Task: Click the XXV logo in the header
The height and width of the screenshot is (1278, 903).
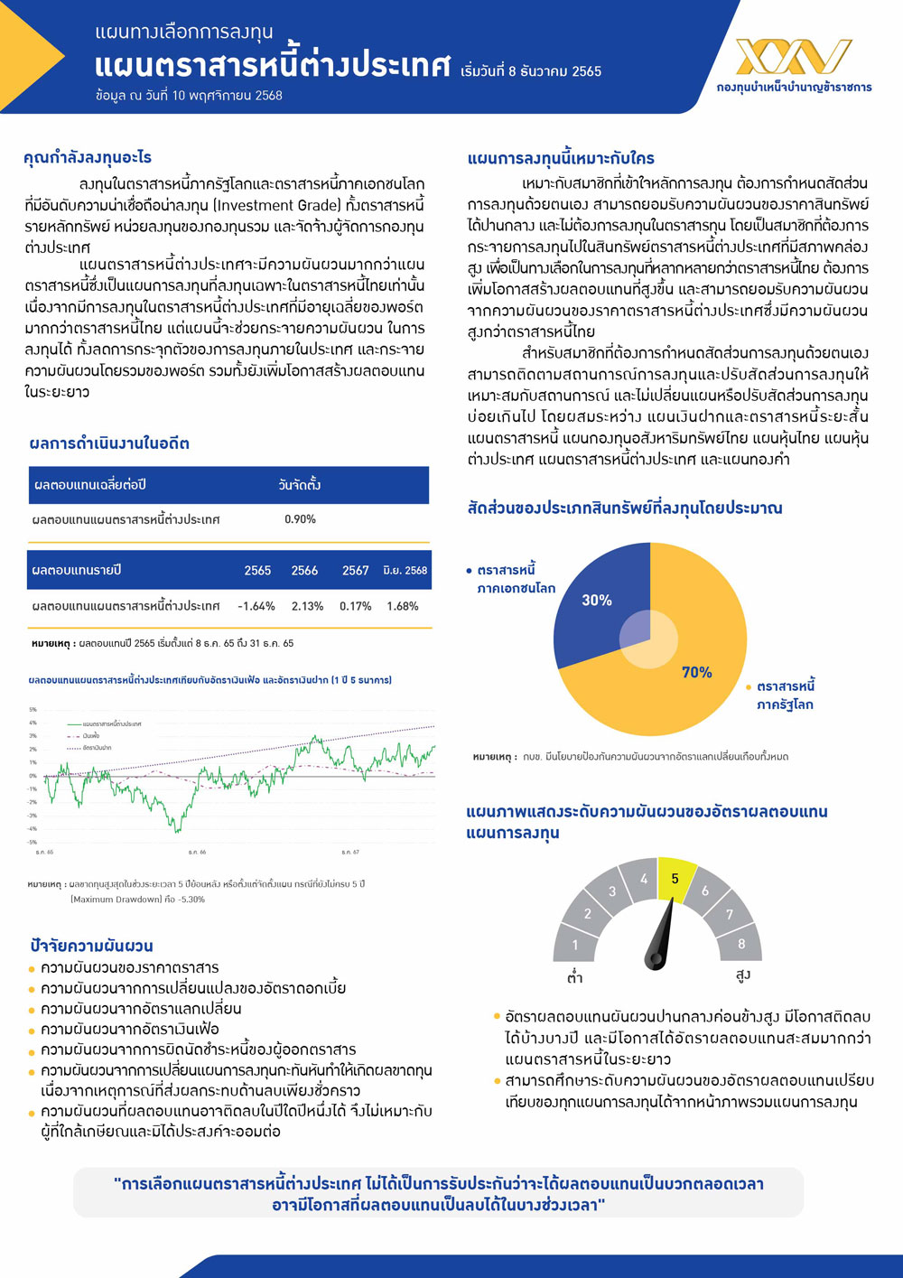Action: pos(794,57)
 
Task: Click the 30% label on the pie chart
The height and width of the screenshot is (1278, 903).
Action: pos(597,601)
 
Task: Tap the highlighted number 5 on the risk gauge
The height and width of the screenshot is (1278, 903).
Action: pos(675,879)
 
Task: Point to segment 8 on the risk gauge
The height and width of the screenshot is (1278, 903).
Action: pos(741,944)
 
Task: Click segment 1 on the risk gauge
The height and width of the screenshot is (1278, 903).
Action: pos(575,946)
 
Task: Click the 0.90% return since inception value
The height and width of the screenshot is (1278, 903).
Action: pos(300,519)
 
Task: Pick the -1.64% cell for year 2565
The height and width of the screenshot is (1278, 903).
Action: pos(256,606)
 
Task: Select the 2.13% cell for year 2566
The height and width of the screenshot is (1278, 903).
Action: pos(307,606)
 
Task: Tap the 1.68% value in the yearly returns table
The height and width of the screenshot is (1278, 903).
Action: pos(403,606)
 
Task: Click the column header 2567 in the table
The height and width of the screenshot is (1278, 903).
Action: pos(355,571)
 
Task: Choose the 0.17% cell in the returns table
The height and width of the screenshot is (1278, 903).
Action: pos(356,606)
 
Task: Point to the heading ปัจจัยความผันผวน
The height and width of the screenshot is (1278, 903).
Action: pos(91,946)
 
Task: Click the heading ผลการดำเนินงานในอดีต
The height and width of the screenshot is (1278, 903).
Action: pos(109,443)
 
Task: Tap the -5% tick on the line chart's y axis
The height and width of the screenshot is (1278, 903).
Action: pos(33,842)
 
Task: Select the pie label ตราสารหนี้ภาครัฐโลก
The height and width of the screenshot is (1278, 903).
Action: pos(785,695)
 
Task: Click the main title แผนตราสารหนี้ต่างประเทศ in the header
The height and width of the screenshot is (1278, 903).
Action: pos(272,67)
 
